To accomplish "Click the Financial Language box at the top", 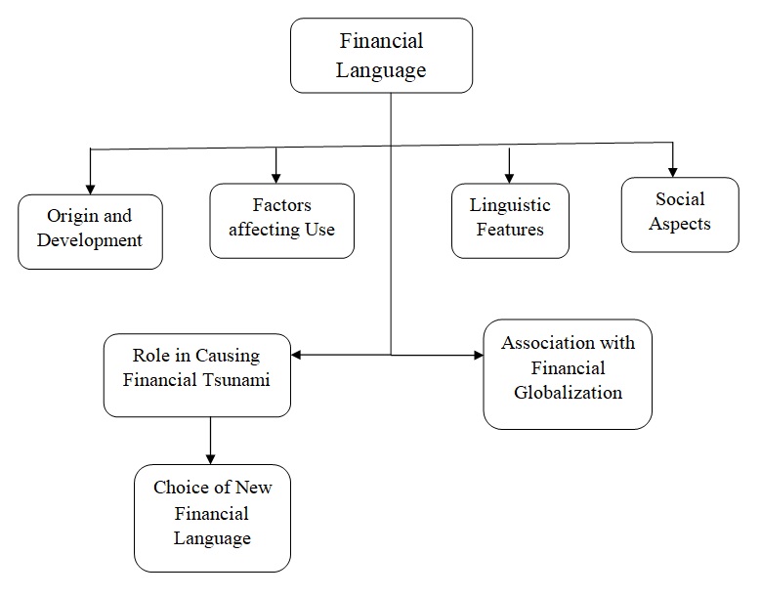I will point(381,56).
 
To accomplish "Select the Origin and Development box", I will point(90,232).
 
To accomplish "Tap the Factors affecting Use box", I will point(281,221).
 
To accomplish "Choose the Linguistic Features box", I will point(510,221).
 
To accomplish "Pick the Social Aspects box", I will point(680,214).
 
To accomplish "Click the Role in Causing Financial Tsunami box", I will point(196,374).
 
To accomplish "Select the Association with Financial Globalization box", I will point(568,373).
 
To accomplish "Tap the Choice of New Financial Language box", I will point(212,518).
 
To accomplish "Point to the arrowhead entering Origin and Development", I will point(90,188).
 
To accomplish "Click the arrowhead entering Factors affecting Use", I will point(276,177).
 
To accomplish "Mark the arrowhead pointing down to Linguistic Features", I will point(509,178).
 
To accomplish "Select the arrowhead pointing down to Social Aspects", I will point(673,171).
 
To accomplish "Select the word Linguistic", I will point(510,206).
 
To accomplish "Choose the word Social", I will point(680,199).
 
